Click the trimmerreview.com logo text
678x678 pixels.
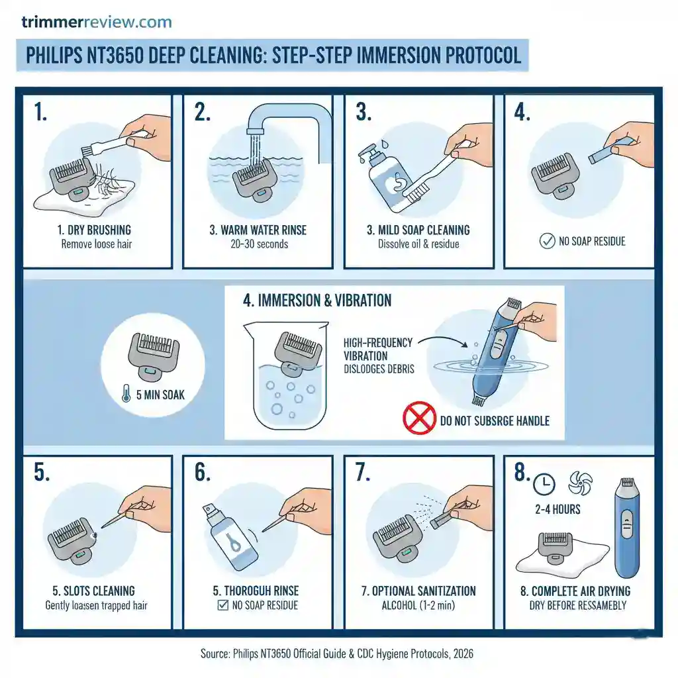[x=97, y=22]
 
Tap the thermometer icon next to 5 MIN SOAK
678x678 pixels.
[x=126, y=395]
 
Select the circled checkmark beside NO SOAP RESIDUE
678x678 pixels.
[x=548, y=242]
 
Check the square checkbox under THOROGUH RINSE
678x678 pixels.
[x=223, y=605]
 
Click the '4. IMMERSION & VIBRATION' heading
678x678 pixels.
[x=317, y=301]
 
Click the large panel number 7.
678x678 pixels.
[x=362, y=473]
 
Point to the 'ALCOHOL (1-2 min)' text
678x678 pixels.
[x=418, y=605]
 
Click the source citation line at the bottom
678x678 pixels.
[x=337, y=654]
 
